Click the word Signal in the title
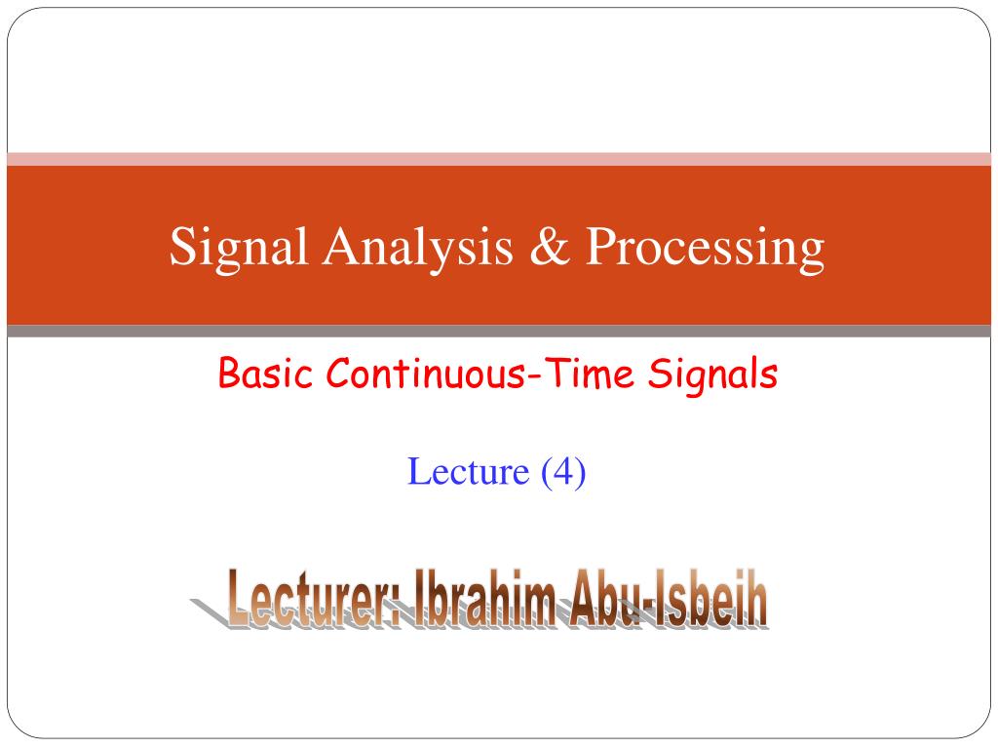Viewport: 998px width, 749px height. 239,249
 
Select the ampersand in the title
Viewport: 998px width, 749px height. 550,246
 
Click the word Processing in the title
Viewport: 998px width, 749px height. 706,249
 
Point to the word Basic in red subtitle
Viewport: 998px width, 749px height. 265,373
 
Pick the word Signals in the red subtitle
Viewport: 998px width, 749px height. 712,374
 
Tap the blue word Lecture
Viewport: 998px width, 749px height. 469,471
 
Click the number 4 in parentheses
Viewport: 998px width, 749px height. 563,471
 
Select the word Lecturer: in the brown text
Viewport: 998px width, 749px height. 313,598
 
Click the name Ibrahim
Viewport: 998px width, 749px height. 485,598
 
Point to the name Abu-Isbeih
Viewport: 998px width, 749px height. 669,598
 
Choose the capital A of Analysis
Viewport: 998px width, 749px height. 344,245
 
